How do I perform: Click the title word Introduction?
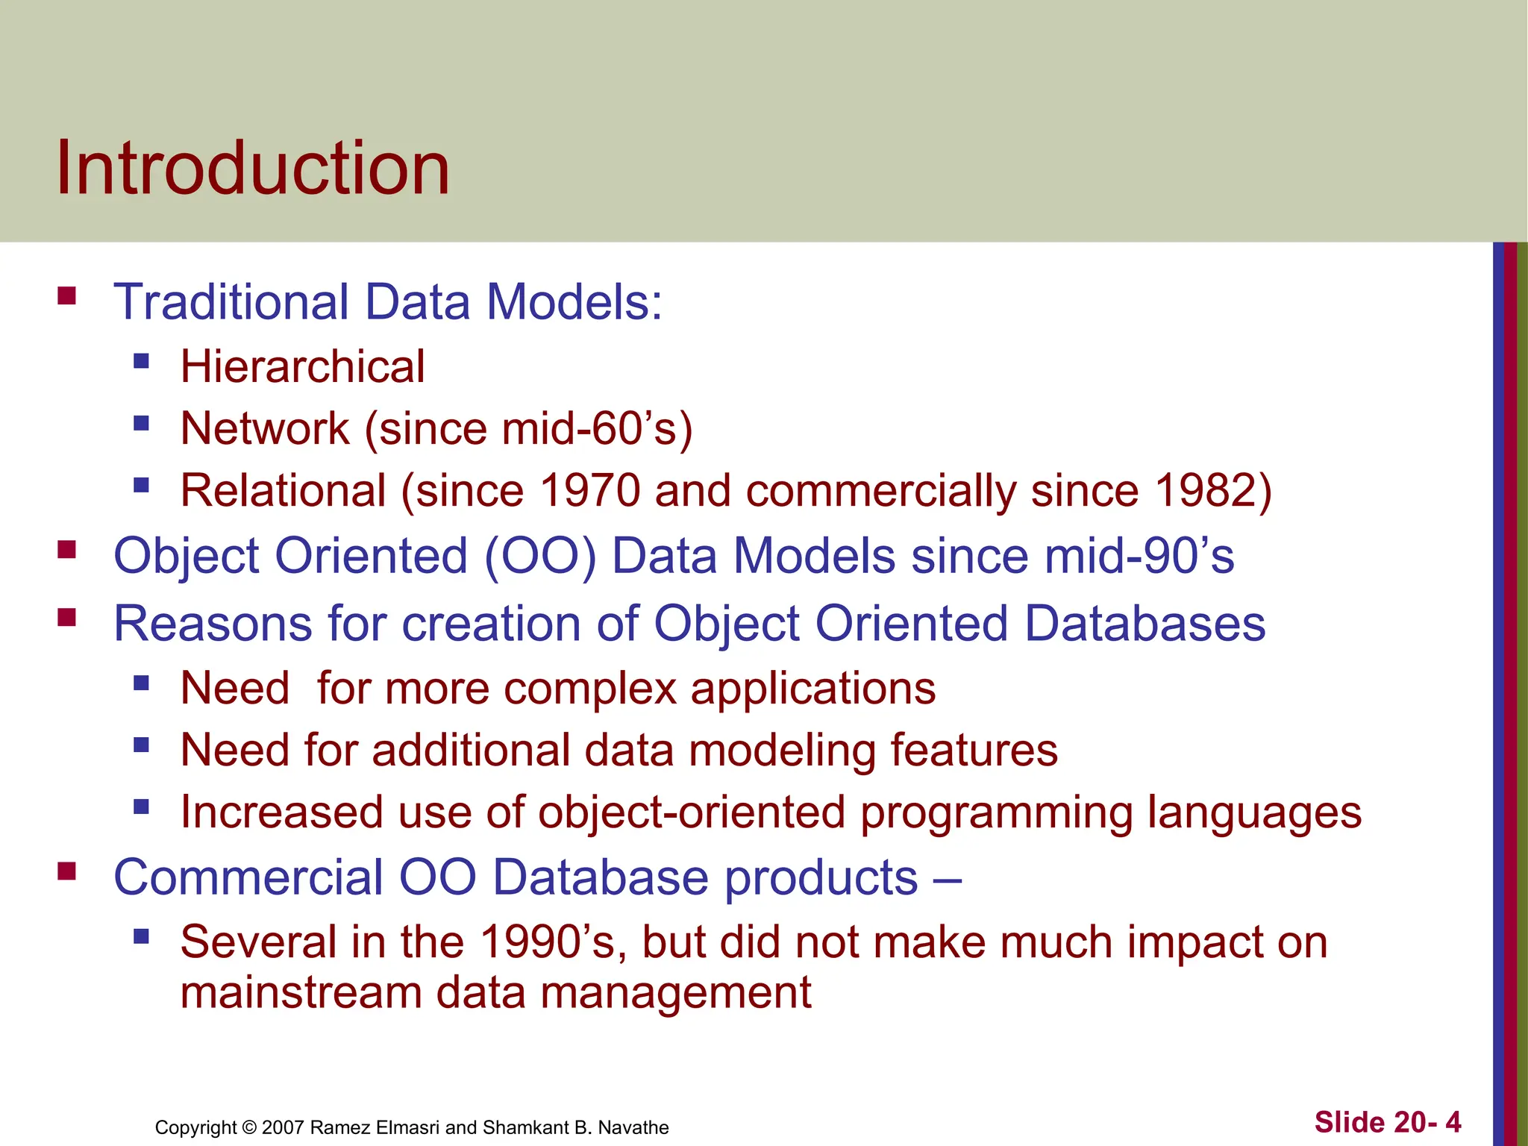tap(253, 169)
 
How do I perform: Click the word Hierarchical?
tap(302, 367)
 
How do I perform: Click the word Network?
tap(265, 429)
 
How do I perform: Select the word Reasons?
tap(212, 624)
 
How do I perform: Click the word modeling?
tap(782, 750)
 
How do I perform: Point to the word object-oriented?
tap(692, 812)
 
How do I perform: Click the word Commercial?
tap(248, 877)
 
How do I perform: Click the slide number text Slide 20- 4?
tap(1387, 1122)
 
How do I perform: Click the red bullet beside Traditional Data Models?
tap(67, 296)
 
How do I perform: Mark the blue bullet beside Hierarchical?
tap(142, 362)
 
